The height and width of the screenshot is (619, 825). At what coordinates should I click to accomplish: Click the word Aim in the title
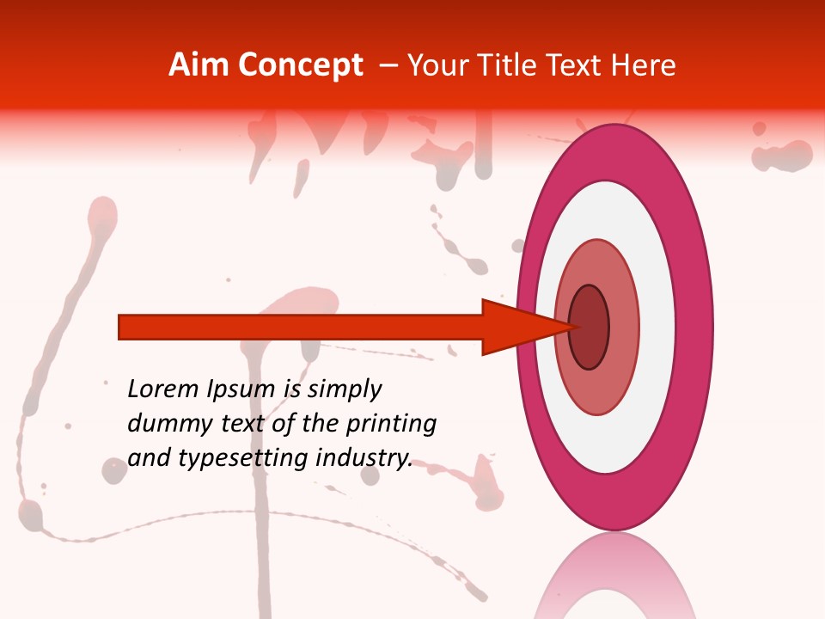click(199, 65)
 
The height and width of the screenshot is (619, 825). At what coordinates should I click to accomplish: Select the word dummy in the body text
click(163, 424)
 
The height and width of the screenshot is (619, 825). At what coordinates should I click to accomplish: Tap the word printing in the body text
click(390, 425)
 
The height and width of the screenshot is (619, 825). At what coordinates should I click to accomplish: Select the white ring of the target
click(657, 327)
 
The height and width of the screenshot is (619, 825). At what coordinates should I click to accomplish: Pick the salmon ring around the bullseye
click(625, 327)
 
